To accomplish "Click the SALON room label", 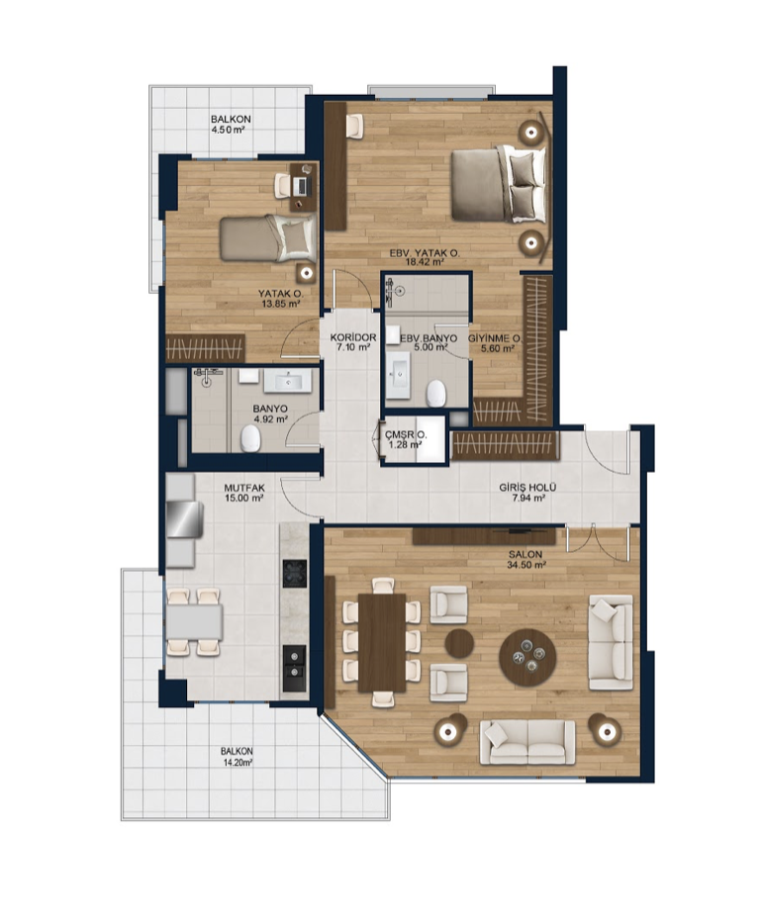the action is pyautogui.click(x=525, y=555).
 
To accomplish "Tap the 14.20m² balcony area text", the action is pyautogui.click(x=237, y=762).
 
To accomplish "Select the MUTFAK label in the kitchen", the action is pyautogui.click(x=244, y=488).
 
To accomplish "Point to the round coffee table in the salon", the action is pyautogui.click(x=527, y=658).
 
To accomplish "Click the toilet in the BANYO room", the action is pyautogui.click(x=250, y=439).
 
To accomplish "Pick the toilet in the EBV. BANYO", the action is pyautogui.click(x=436, y=393).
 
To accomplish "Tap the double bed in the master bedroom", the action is pyautogui.click(x=499, y=184).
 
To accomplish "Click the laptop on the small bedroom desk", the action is pyautogui.click(x=302, y=186).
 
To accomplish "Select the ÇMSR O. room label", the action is pyautogui.click(x=406, y=435).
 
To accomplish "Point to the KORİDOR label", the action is pyautogui.click(x=353, y=337).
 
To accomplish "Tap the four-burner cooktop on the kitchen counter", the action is pyautogui.click(x=295, y=574).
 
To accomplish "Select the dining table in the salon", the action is pyautogui.click(x=381, y=642).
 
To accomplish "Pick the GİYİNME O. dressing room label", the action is pyautogui.click(x=495, y=338).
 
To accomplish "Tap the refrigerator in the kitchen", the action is pyautogui.click(x=185, y=519).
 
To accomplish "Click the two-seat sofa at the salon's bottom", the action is pyautogui.click(x=527, y=743).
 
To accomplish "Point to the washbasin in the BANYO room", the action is pyautogui.click(x=287, y=381).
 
